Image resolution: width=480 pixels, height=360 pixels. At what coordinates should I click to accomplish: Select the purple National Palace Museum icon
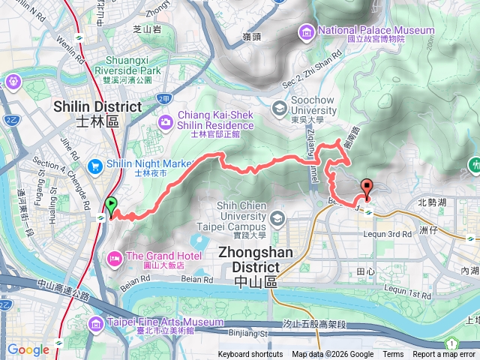307,31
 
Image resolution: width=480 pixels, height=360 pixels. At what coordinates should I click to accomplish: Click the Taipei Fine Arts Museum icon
97,324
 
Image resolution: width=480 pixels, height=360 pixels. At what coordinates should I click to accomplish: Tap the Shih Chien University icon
278,218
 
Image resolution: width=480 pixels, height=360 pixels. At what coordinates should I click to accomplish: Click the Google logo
28,349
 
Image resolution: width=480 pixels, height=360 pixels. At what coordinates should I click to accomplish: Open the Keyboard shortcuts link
250,355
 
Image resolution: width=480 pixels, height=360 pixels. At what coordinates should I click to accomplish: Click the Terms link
393,355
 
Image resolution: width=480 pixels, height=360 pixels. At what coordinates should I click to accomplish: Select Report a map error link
445,355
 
